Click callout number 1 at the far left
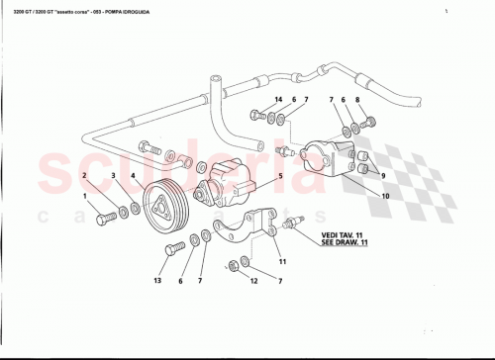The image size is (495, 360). pyautogui.click(x=85, y=195)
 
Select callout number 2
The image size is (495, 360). pyautogui.click(x=85, y=175)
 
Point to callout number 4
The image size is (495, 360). pyautogui.click(x=132, y=175)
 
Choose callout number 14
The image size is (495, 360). pyautogui.click(x=278, y=101)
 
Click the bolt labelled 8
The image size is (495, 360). pyautogui.click(x=372, y=123)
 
